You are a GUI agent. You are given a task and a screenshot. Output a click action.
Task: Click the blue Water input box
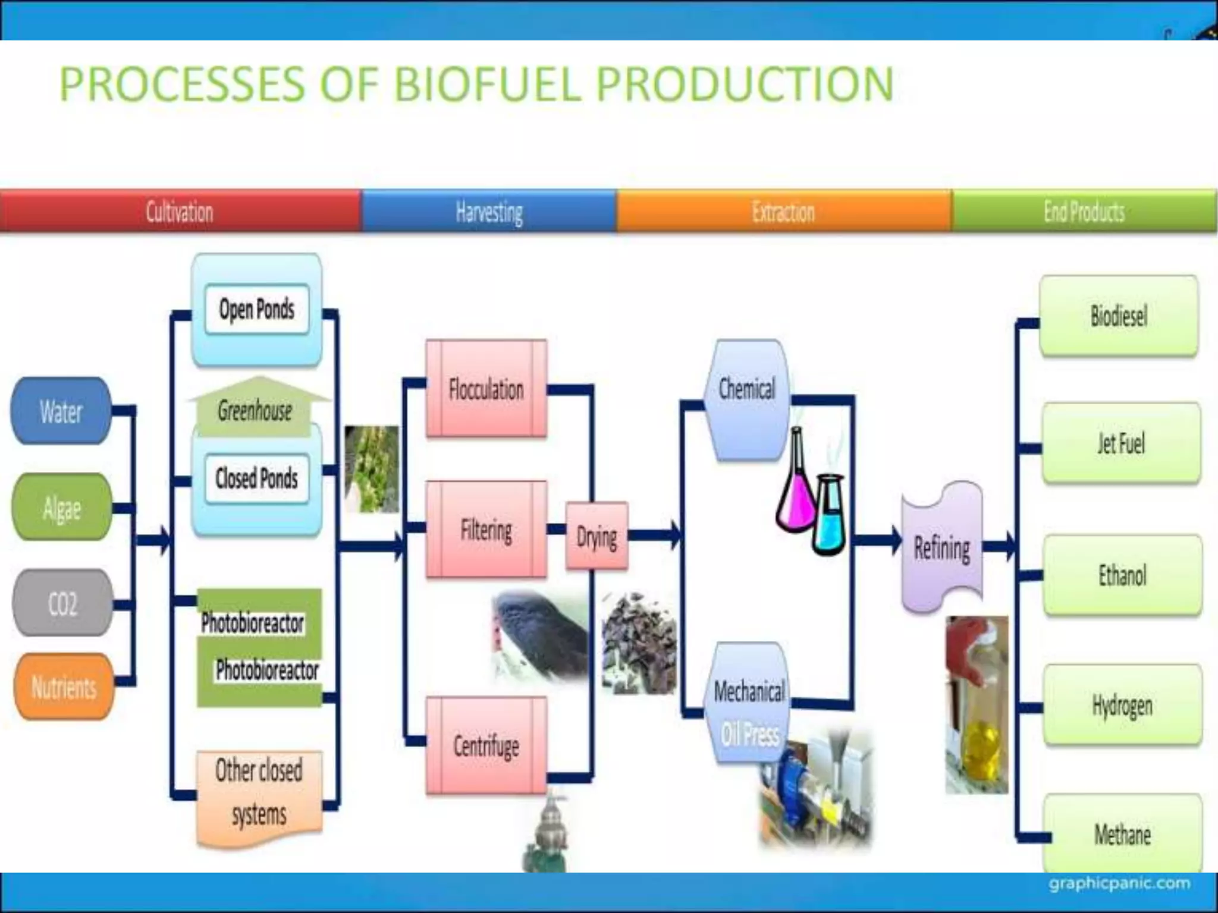click(x=61, y=411)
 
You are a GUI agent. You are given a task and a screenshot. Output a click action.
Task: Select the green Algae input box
click(x=62, y=507)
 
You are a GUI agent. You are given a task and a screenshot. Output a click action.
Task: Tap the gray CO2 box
click(x=62, y=603)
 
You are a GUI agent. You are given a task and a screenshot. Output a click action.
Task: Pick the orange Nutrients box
click(x=64, y=687)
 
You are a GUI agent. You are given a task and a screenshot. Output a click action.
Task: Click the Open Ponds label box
click(x=257, y=309)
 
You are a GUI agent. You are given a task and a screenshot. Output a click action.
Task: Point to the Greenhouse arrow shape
click(x=256, y=407)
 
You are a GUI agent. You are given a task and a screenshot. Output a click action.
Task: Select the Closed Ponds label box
click(x=257, y=478)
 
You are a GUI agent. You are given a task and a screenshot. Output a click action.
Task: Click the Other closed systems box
click(x=259, y=794)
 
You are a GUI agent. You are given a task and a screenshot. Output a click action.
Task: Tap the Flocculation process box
click(x=486, y=389)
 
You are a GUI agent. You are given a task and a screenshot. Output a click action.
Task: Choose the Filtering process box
click(x=486, y=530)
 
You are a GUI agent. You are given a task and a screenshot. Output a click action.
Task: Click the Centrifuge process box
click(x=486, y=745)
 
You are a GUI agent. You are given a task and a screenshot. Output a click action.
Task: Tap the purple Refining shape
click(x=942, y=547)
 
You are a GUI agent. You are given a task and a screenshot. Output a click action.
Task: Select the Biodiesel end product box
click(x=1118, y=316)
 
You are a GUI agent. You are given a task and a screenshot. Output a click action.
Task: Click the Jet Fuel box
click(x=1120, y=443)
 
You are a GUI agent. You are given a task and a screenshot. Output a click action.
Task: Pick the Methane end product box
click(x=1122, y=835)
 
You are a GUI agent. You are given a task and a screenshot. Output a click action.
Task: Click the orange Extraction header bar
click(x=784, y=211)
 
